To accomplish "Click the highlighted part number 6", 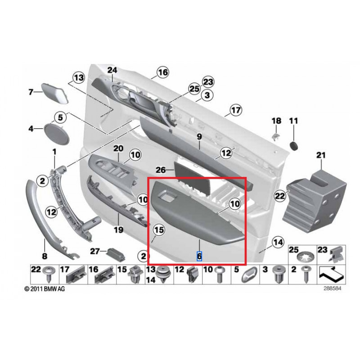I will click(199, 256).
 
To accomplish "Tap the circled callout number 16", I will click(162, 72).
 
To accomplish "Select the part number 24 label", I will click(112, 70).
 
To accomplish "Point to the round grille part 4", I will click(56, 130).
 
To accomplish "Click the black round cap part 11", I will click(294, 145).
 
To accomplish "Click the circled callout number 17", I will click(236, 110).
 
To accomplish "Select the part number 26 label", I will click(161, 170).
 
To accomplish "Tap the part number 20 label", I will click(118, 148).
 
